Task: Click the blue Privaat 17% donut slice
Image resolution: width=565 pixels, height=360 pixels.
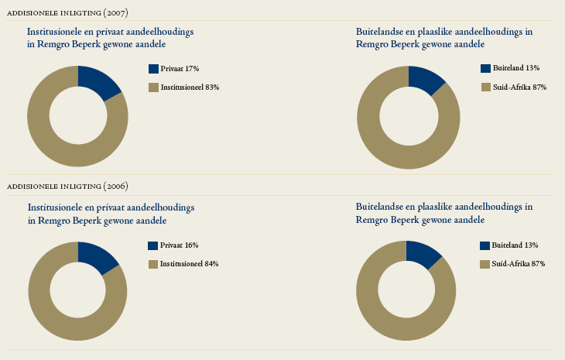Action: click(98, 81)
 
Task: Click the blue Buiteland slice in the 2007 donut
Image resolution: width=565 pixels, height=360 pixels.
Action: click(424, 79)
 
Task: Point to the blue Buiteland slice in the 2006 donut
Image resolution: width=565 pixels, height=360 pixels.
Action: click(423, 255)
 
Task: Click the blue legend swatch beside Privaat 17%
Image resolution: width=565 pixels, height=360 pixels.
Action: click(153, 69)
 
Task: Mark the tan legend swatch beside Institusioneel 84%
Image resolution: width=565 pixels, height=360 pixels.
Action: click(153, 264)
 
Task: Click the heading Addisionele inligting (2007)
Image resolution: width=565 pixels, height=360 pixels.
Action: click(67, 13)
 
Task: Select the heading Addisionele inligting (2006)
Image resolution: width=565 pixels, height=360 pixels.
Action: click(67, 186)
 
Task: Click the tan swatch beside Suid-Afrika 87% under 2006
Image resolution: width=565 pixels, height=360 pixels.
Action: click(485, 264)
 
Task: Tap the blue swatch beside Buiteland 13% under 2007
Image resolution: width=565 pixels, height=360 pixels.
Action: click(485, 69)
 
